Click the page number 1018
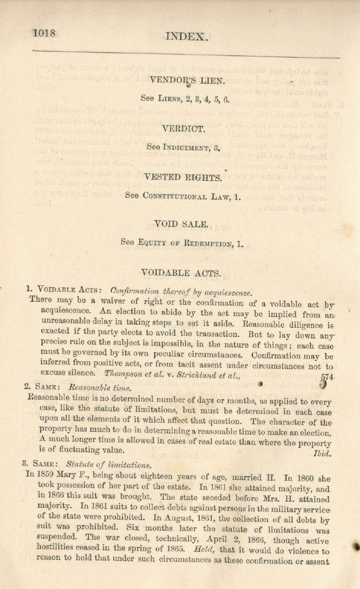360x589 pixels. click(x=44, y=33)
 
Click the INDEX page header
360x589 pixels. click(x=186, y=36)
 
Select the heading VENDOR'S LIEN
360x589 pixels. click(x=185, y=80)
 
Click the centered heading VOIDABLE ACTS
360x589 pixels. click(x=181, y=273)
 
